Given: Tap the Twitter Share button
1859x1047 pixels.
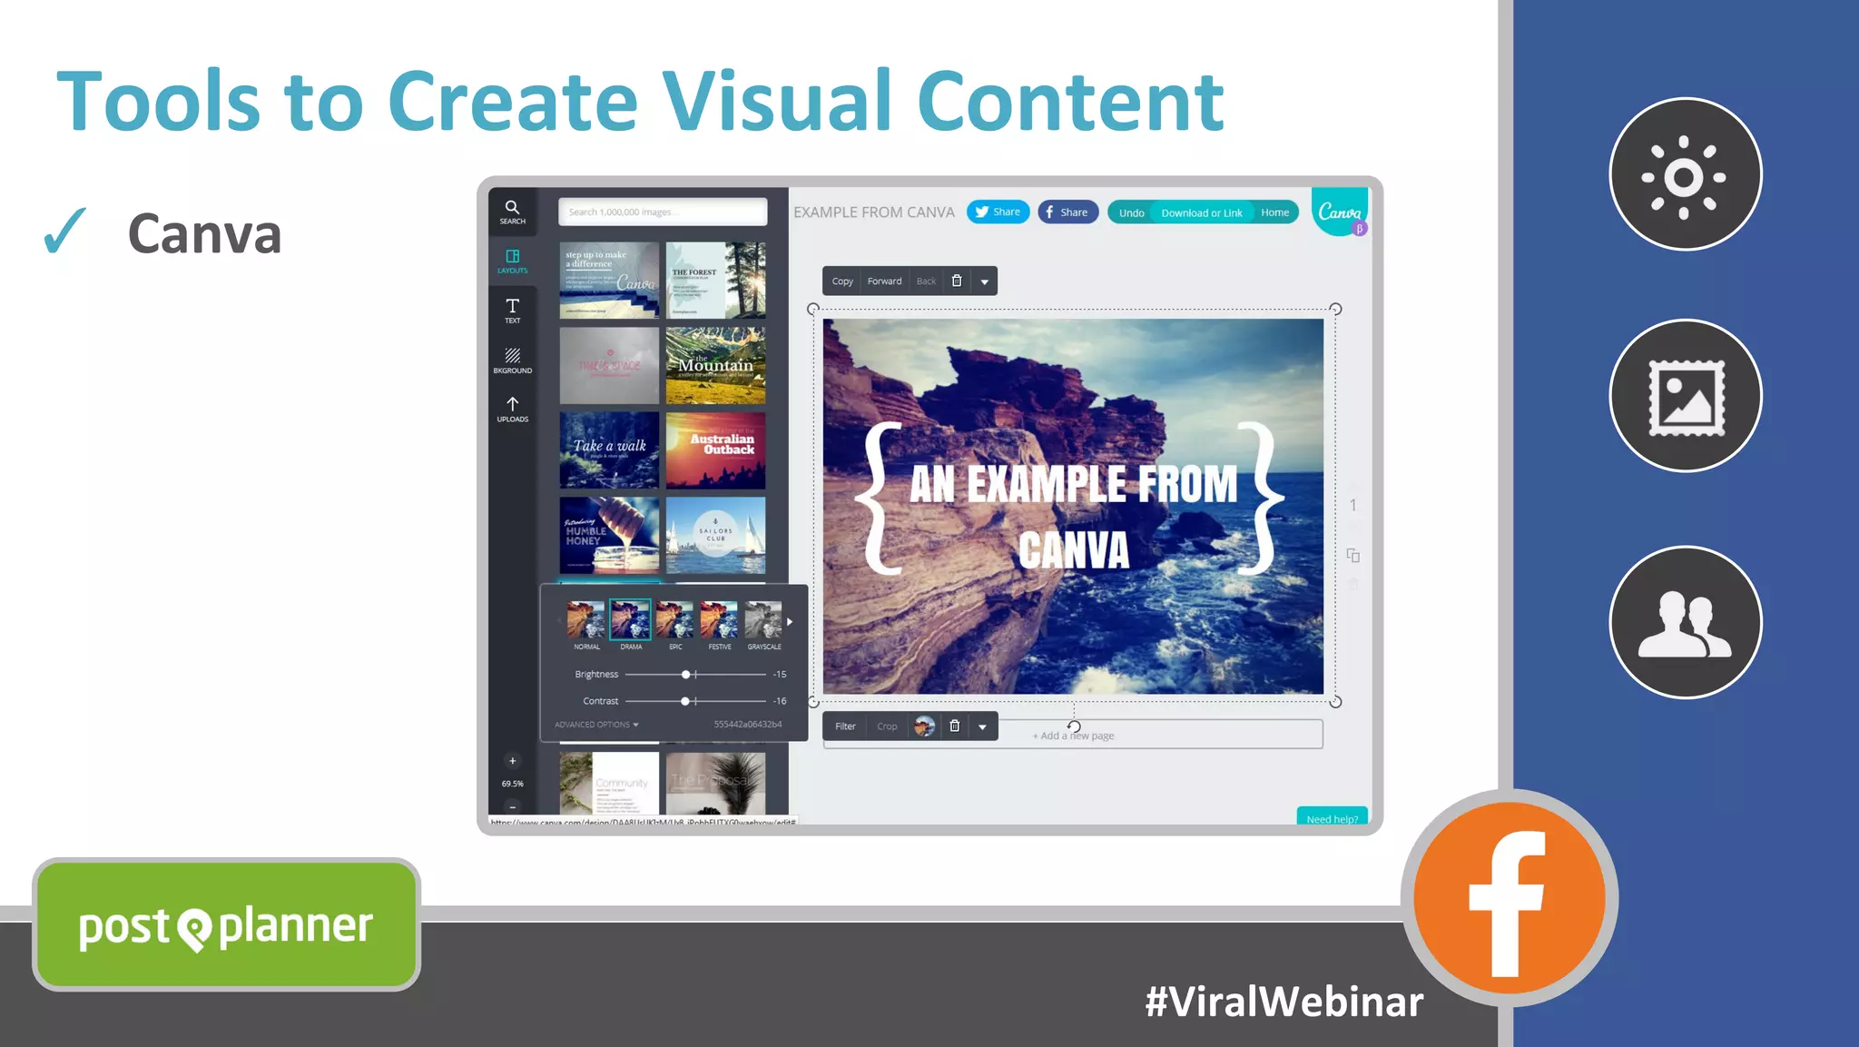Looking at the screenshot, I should pos(998,212).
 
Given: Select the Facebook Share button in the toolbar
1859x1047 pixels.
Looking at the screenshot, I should pos(1067,212).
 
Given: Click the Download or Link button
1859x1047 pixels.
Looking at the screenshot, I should pos(1201,212).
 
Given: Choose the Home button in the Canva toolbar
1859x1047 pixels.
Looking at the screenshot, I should pos(1274,212).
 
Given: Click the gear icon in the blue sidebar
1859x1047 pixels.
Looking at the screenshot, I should pos(1685,174).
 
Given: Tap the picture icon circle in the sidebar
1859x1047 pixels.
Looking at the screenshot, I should pos(1685,397).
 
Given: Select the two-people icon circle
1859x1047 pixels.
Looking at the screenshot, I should pos(1685,622).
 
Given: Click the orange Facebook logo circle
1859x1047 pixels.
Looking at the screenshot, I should pos(1509,898).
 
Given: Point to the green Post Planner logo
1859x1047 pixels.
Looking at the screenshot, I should pos(226,925).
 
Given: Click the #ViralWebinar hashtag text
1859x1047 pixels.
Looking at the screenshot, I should pos(1284,1002).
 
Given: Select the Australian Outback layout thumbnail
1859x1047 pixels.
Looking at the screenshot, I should pos(715,450).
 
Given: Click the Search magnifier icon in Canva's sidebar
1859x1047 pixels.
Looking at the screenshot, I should pos(512,208).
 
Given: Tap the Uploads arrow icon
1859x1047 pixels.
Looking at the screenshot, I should pos(512,405).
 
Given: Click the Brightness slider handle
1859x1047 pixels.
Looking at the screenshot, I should pos(686,675).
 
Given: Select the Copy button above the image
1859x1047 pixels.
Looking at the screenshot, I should pos(842,282).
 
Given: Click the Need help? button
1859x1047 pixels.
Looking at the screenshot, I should pos(1332,817).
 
